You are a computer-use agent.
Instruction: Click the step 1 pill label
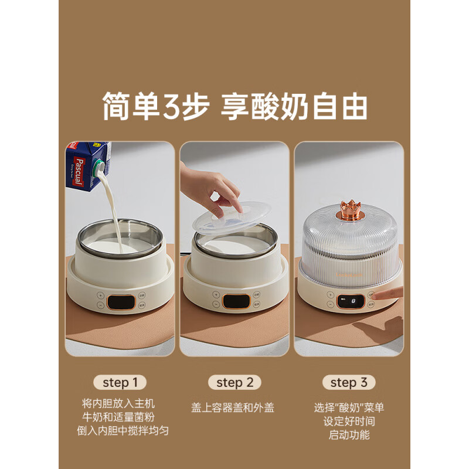point(120,383)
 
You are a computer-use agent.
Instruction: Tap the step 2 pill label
point(234,383)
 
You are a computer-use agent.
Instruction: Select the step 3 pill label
point(349,383)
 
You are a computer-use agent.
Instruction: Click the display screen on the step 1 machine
point(121,301)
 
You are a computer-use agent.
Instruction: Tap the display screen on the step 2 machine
point(235,301)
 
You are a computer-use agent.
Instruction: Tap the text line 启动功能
point(349,435)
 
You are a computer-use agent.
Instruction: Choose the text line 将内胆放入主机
point(120,404)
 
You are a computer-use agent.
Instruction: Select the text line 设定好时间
point(349,421)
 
